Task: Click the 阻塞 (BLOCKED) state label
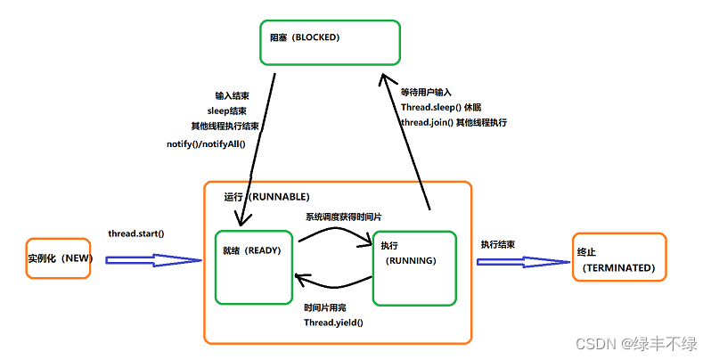click(305, 38)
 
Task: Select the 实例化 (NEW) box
click(59, 258)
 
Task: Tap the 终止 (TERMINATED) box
click(617, 258)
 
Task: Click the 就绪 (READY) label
click(252, 250)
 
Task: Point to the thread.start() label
click(136, 233)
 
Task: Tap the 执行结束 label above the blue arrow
click(498, 243)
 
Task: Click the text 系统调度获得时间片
click(349, 217)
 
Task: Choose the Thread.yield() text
click(334, 322)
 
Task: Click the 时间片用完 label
click(325, 307)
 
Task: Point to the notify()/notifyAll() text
click(205, 143)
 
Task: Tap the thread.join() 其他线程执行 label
click(454, 122)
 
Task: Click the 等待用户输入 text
click(426, 92)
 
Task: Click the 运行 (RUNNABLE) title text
click(266, 196)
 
